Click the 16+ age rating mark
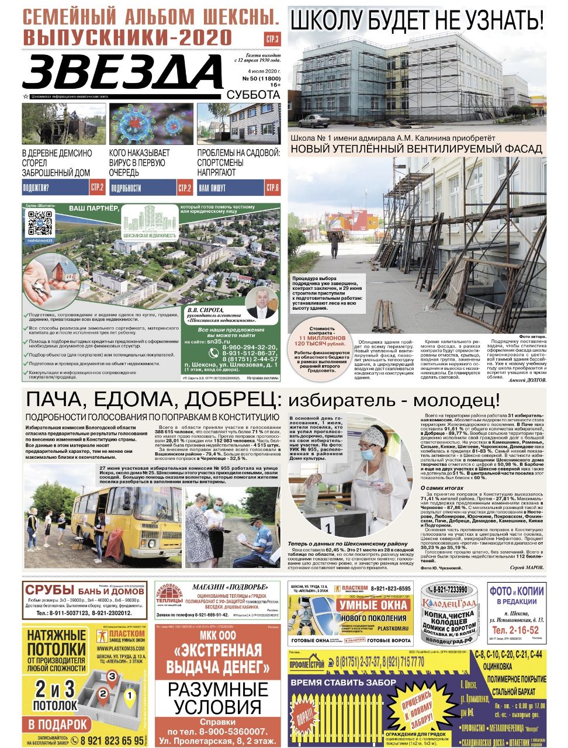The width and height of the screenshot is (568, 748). pos(275,85)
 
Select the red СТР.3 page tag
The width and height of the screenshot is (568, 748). pos(272,40)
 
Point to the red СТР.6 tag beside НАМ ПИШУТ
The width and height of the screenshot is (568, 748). pos(272,188)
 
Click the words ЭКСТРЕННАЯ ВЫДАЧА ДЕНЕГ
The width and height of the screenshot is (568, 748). pos(213,659)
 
